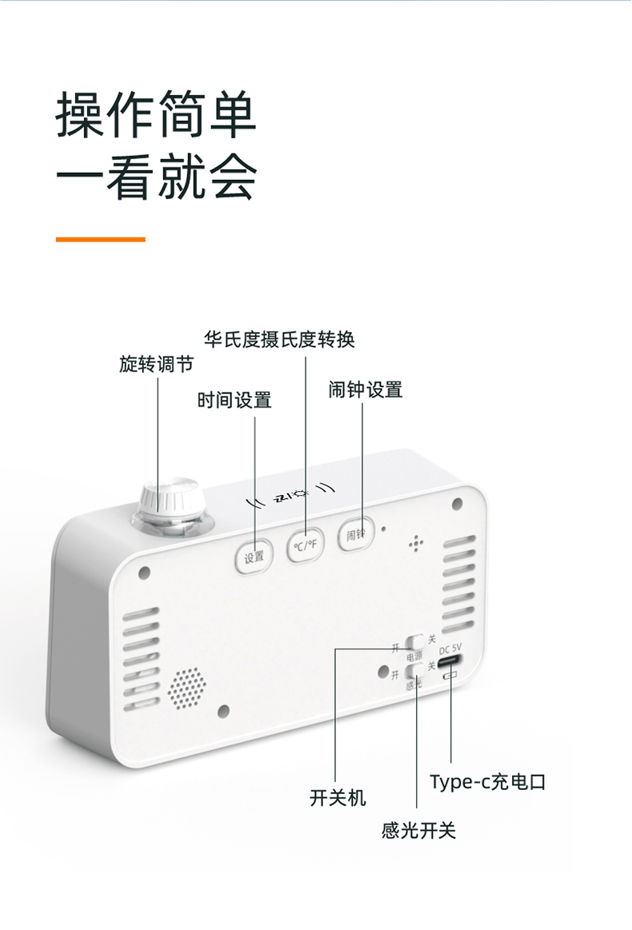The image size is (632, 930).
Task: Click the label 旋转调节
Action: tap(157, 365)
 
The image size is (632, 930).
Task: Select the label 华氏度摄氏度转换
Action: tap(279, 339)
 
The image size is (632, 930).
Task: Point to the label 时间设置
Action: tap(234, 400)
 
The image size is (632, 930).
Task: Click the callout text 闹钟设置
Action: tap(366, 390)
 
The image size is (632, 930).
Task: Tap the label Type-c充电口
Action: tap(487, 781)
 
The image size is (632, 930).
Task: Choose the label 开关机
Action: tap(338, 797)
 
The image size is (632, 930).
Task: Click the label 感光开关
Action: tap(418, 831)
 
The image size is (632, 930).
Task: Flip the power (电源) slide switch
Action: tap(415, 641)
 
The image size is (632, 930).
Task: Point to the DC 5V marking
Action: tap(450, 649)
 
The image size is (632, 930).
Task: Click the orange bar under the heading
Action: tap(100, 238)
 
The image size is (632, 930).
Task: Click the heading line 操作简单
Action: tap(156, 115)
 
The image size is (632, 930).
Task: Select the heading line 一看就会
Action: tap(156, 177)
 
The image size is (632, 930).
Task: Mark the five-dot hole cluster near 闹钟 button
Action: tap(415, 544)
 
